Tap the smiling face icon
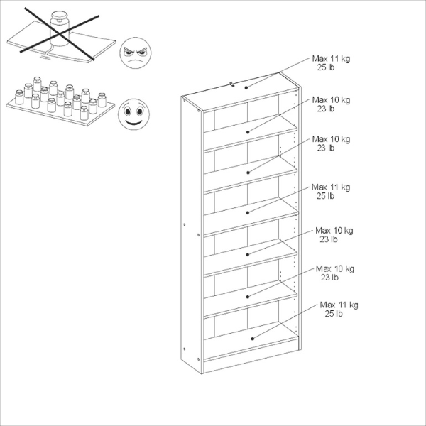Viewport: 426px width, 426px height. tap(132, 113)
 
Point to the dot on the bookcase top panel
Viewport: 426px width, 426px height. tap(247, 87)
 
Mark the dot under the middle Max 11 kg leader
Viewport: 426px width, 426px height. tap(248, 212)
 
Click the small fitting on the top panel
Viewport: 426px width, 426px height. tap(232, 84)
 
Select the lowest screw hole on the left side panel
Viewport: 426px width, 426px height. tap(184, 347)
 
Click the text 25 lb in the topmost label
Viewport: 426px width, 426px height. tap(327, 67)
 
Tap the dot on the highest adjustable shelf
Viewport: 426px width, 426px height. tap(248, 132)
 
